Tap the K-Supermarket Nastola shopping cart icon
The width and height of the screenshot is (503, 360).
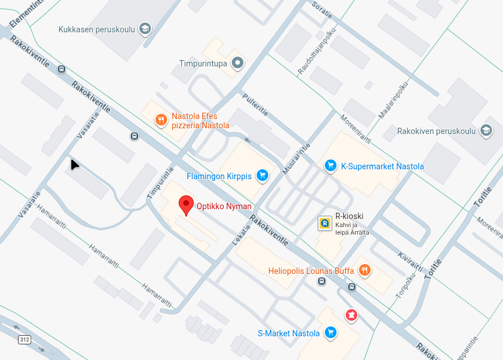(x=330, y=166)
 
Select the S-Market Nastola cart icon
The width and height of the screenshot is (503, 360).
(x=331, y=332)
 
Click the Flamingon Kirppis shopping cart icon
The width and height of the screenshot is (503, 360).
(x=262, y=175)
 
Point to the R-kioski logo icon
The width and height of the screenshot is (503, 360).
(x=325, y=222)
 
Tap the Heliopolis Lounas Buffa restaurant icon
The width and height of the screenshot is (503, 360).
(x=364, y=270)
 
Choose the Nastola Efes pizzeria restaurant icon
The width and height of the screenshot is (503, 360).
(x=161, y=120)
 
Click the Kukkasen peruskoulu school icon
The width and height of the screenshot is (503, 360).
(x=145, y=28)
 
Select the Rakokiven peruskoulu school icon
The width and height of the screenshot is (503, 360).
(x=486, y=131)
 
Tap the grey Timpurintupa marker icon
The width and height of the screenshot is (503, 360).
(x=237, y=63)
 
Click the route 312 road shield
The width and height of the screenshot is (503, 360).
(x=24, y=339)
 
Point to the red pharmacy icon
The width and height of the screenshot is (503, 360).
(x=350, y=315)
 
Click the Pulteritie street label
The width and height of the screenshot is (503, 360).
(x=255, y=105)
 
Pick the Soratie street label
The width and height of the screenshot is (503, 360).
(x=323, y=9)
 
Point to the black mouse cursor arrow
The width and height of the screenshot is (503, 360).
(x=74, y=165)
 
